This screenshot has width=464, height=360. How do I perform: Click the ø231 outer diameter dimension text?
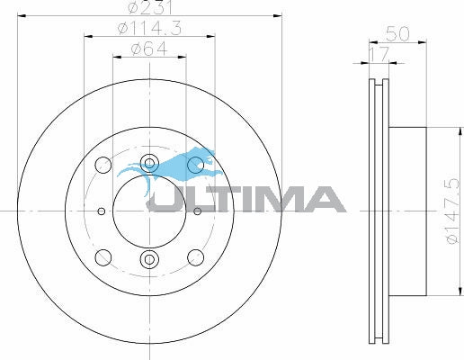[149, 9]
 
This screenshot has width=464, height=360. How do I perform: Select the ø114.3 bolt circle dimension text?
[149, 31]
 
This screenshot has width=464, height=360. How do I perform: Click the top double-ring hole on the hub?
[149, 164]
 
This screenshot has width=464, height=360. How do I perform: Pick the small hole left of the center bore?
[102, 212]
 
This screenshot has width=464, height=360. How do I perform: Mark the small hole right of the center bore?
[197, 212]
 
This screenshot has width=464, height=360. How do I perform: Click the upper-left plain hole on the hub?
[103, 166]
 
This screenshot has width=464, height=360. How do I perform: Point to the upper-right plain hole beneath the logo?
[195, 166]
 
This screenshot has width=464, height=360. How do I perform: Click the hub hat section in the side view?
[409, 211]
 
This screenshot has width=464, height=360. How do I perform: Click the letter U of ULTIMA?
[167, 199]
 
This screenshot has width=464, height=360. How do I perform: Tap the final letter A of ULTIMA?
[320, 199]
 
